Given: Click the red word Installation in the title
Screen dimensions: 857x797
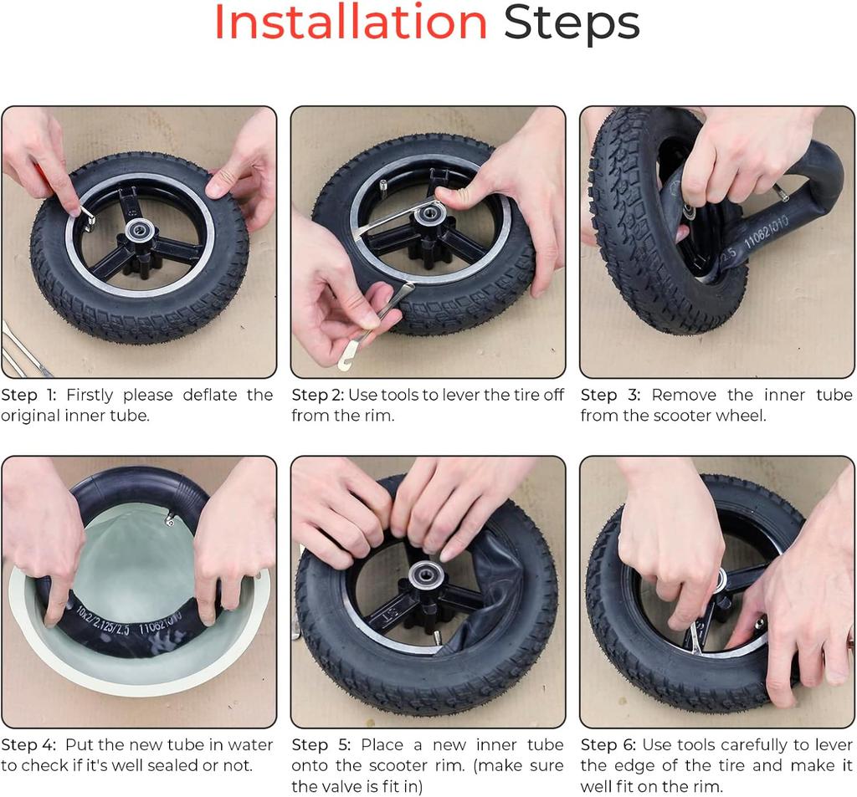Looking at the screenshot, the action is (351, 22).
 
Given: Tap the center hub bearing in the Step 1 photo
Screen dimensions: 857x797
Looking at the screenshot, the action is (135, 230).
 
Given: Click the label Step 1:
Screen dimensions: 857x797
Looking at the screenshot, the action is (28, 395).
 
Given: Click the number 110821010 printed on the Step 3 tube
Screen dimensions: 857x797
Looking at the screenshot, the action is (767, 232).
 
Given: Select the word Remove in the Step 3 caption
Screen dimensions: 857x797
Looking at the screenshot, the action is (684, 395).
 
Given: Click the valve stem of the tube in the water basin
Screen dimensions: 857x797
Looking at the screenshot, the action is (169, 518).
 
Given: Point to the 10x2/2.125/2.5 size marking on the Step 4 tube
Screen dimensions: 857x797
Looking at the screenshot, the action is (103, 621).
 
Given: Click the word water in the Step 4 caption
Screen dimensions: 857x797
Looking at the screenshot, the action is (249, 744).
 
